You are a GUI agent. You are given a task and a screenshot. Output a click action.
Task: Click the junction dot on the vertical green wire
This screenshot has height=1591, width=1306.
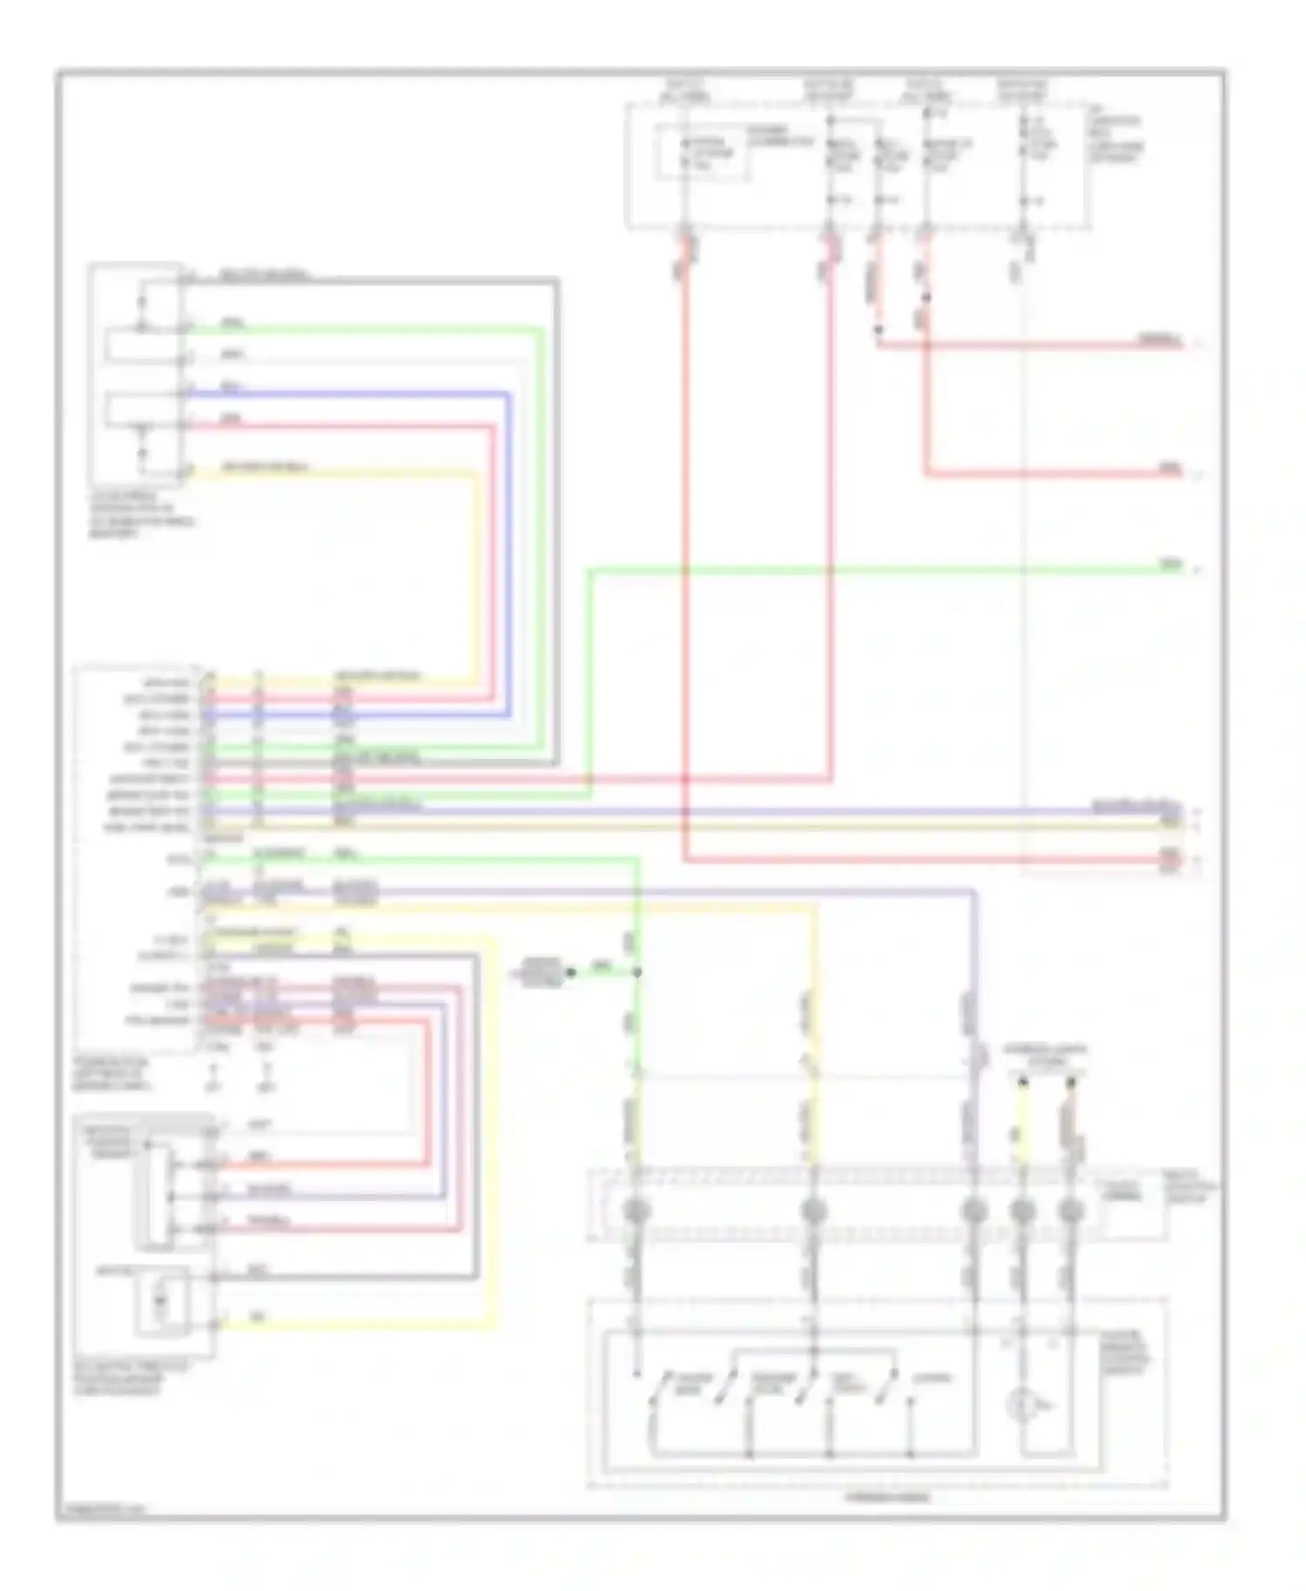point(637,972)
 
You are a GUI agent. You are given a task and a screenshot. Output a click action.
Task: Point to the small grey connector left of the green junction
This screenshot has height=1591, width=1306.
point(542,970)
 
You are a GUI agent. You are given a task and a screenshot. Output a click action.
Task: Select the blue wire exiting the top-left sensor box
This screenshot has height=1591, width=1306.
point(348,393)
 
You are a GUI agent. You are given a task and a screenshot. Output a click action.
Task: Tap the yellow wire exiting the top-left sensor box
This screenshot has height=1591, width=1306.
point(348,473)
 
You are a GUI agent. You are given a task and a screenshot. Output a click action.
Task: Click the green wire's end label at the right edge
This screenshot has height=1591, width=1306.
point(1171,566)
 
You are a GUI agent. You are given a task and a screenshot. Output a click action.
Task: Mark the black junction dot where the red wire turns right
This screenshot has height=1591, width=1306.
point(879,330)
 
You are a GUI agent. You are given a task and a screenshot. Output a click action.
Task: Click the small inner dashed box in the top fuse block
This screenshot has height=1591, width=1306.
point(703,153)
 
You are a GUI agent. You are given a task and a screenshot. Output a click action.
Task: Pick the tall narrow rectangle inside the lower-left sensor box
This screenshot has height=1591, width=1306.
point(158,1194)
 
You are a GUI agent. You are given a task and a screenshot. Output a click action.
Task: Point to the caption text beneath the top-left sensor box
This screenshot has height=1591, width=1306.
point(143,514)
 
